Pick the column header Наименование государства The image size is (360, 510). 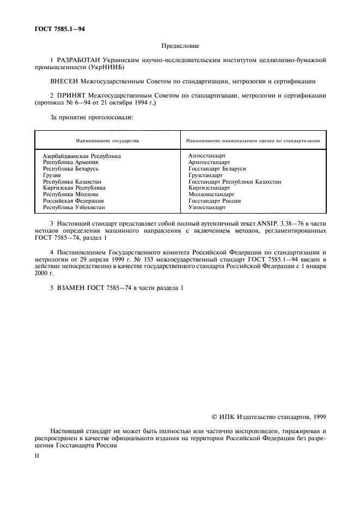pos(107,141)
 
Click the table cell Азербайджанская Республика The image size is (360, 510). pos(82,156)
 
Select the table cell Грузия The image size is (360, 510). pos(52,175)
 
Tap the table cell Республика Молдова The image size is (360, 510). pos(71,195)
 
